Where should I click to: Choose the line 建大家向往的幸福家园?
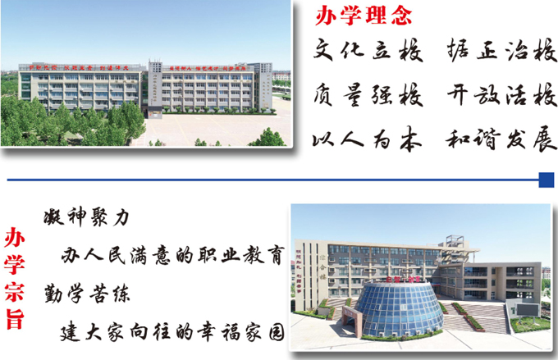(x=173, y=335)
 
